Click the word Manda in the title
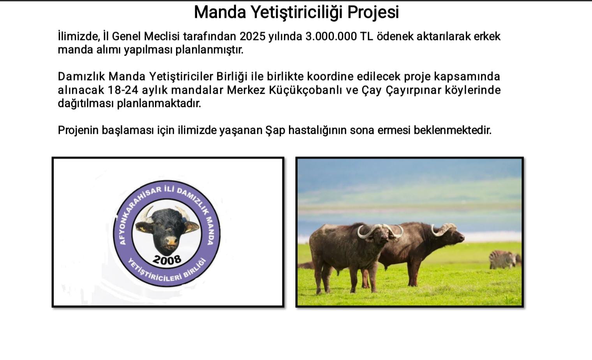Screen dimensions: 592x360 [220, 12]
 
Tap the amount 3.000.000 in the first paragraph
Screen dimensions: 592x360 [331, 37]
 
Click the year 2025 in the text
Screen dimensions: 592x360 [252, 37]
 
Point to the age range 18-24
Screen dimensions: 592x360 [123, 90]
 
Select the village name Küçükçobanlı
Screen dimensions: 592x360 [305, 90]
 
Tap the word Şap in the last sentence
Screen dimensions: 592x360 [275, 130]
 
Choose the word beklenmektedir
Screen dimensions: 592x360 [453, 130]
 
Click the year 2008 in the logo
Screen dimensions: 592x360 [167, 260]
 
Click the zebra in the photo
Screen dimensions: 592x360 [504, 259]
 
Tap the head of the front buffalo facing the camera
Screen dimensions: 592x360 [381, 234]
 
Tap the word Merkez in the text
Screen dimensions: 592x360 [246, 90]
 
